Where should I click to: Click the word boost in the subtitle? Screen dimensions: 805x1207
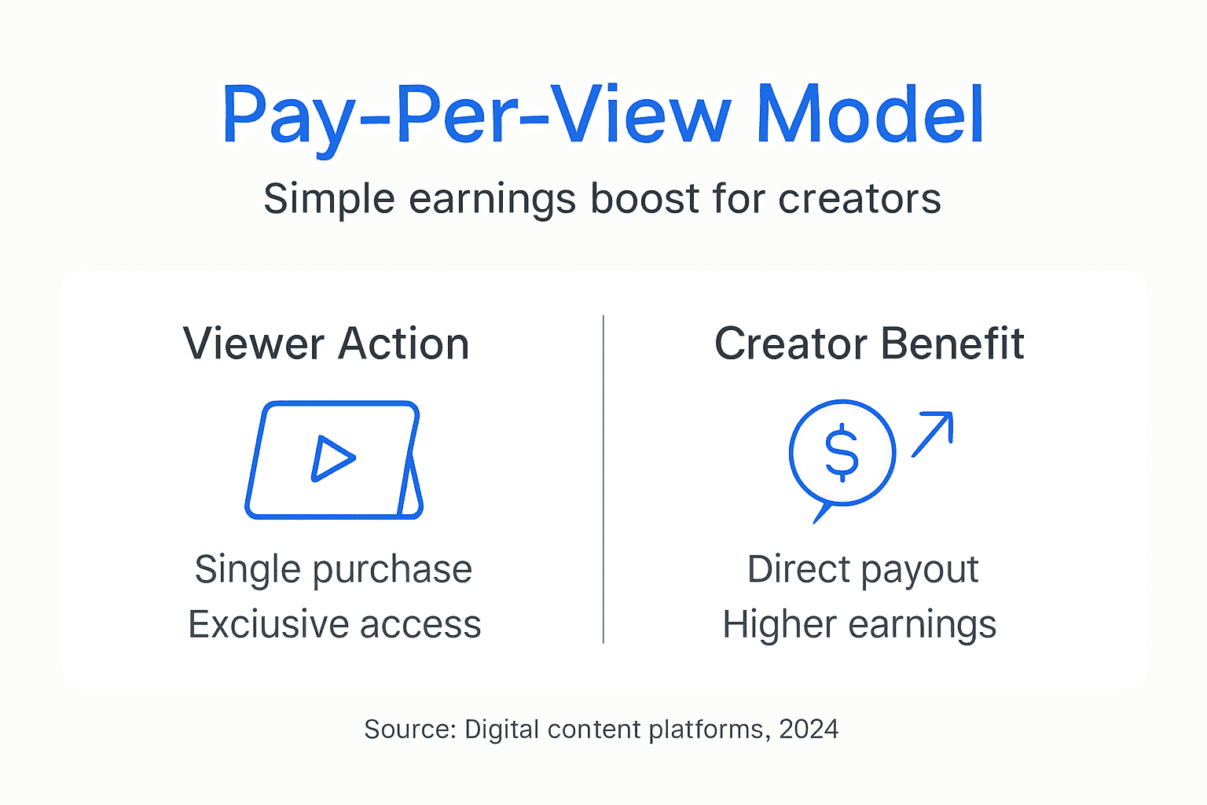point(645,198)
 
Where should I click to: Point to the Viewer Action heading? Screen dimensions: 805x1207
point(326,344)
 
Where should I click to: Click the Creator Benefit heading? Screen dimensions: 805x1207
point(869,344)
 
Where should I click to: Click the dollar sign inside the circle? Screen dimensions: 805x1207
point(842,453)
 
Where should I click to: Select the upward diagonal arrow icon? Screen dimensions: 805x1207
point(933,433)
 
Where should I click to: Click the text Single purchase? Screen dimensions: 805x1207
point(333,569)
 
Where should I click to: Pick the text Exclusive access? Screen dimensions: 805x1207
point(334,624)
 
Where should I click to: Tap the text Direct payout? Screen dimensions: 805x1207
point(863,569)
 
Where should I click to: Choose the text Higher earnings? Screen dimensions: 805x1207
point(859,625)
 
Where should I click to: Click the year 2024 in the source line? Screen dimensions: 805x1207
point(809,730)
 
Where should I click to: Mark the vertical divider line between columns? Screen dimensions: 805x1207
point(603,480)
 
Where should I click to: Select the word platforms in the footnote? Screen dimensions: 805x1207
point(706,730)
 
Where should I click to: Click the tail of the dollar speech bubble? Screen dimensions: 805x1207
point(820,513)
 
